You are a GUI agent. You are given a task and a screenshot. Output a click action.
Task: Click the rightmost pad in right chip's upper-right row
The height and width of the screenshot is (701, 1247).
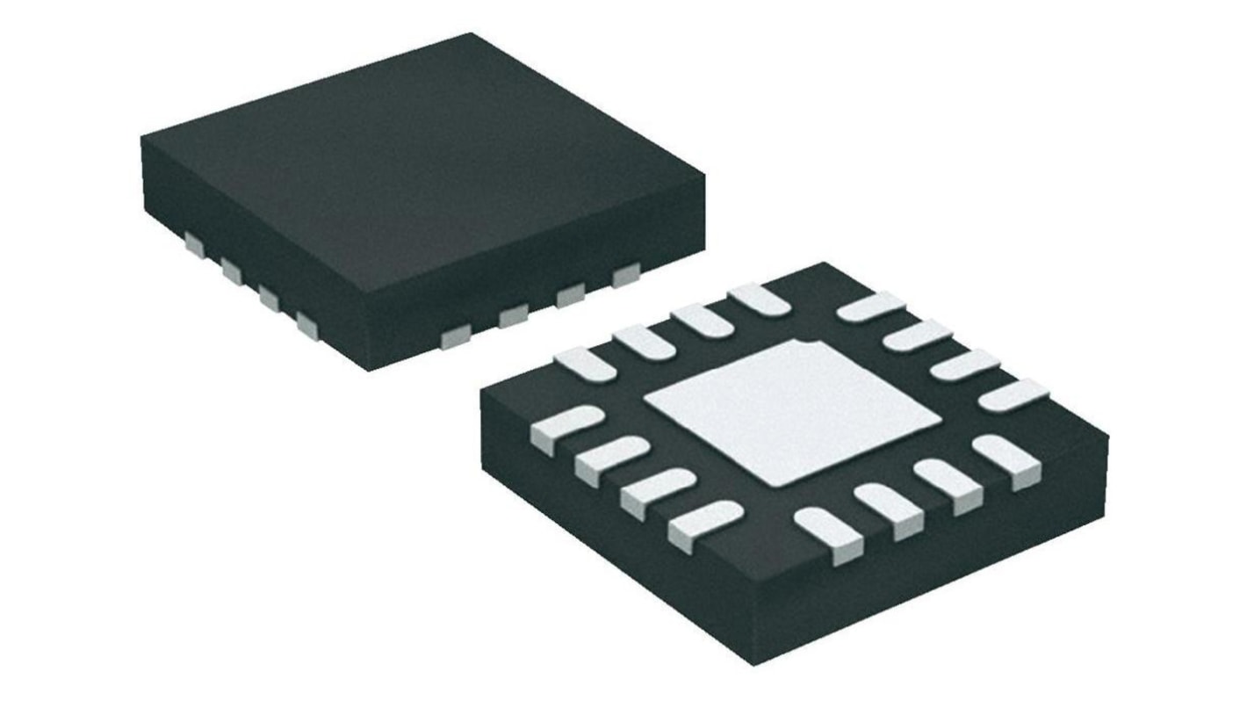point(1013,395)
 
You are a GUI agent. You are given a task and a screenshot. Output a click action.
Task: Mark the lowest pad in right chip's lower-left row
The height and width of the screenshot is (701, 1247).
point(703,524)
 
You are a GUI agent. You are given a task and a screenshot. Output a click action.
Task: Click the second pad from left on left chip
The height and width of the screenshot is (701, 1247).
point(232,271)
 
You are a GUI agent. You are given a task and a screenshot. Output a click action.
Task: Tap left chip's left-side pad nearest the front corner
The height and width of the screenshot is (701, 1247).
point(307,325)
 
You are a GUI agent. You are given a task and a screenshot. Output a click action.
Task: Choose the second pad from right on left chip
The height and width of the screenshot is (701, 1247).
point(571,295)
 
